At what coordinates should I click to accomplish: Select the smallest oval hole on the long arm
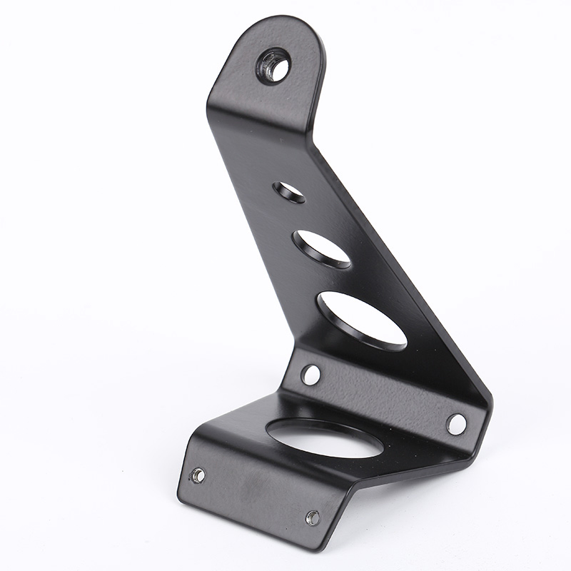289,191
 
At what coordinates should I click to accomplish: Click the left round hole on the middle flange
310,374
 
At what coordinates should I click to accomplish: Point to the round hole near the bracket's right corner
456,423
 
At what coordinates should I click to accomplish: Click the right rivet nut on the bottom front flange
312,517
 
